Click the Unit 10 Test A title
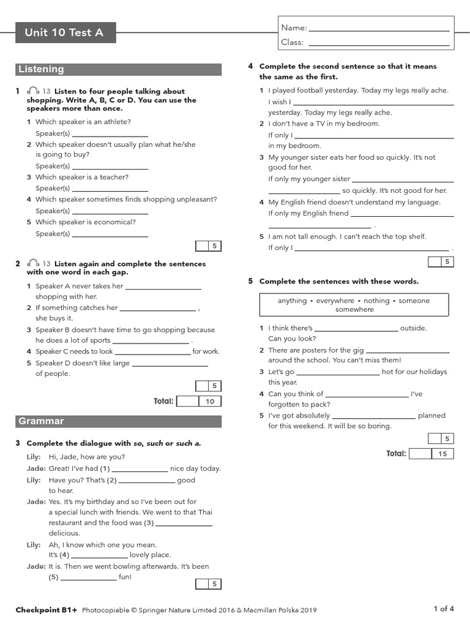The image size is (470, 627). [x=64, y=33]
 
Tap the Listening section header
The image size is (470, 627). [x=41, y=69]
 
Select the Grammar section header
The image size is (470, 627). [x=41, y=421]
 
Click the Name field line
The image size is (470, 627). [x=379, y=28]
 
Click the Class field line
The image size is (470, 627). [x=379, y=43]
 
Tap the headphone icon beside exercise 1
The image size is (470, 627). [x=34, y=91]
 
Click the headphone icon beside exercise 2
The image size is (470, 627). [x=34, y=264]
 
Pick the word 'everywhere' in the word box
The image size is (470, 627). [x=335, y=301]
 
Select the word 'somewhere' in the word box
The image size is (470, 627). [x=354, y=310]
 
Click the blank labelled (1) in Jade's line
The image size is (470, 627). [x=139, y=469]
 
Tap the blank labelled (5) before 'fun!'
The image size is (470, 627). [x=89, y=577]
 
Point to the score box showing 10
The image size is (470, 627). [x=210, y=402]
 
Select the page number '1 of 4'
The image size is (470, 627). [x=444, y=609]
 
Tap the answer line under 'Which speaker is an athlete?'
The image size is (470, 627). [x=110, y=134]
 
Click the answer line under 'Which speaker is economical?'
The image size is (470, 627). [x=110, y=235]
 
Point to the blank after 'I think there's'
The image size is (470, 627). [x=356, y=329]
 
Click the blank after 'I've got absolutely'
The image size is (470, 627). [x=374, y=416]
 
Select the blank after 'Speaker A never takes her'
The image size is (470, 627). [x=163, y=287]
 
